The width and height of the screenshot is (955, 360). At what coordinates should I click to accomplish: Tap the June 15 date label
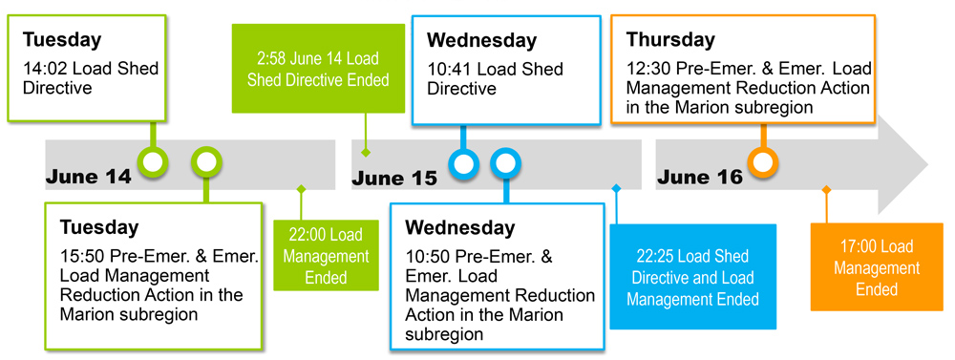tap(393, 178)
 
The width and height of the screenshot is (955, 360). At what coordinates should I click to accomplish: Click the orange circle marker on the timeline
tap(762, 162)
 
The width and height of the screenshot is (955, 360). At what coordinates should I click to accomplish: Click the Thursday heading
tap(670, 40)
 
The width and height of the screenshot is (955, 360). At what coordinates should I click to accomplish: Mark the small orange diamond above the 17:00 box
tap(826, 190)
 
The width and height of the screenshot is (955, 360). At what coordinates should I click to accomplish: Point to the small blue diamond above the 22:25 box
tap(616, 189)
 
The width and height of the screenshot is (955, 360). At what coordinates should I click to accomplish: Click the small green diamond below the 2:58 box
tap(365, 152)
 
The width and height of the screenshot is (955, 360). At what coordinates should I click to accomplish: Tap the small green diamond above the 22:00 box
tap(301, 189)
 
